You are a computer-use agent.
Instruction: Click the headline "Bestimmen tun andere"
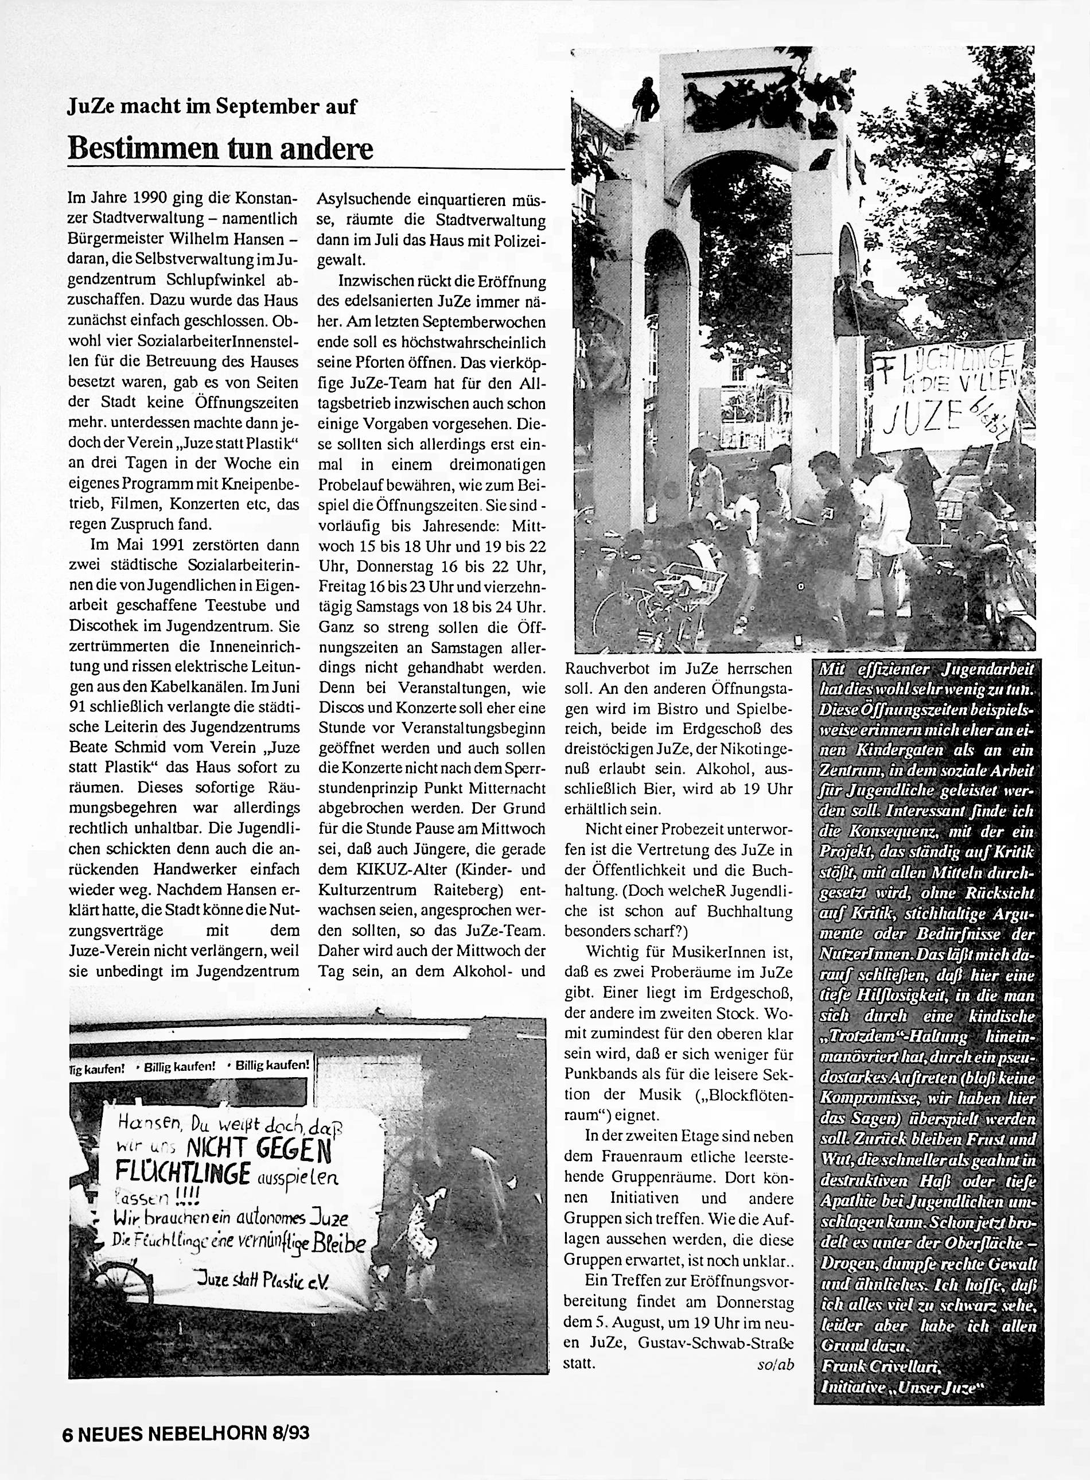click(x=220, y=149)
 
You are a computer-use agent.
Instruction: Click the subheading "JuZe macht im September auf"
click(x=212, y=106)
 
